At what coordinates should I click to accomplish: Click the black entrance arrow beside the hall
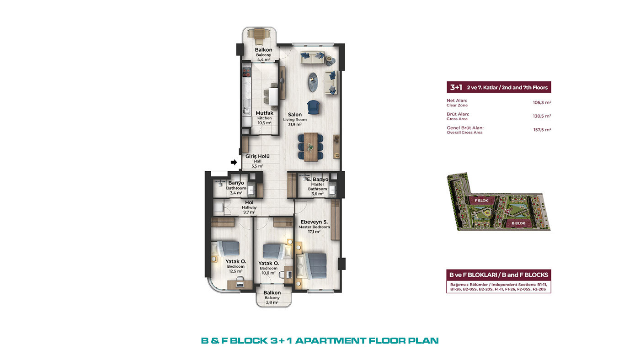(234, 162)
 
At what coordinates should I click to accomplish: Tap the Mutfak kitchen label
(264, 113)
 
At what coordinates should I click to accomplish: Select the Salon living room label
(294, 114)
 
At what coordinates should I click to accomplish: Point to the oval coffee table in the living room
(313, 82)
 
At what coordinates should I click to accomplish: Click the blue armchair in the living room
(314, 107)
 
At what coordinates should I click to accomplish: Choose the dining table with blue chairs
(310, 147)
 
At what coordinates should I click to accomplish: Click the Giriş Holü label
(257, 156)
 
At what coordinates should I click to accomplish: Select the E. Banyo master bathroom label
(317, 179)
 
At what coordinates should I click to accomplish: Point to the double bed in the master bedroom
(311, 266)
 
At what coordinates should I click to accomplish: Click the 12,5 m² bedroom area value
(236, 271)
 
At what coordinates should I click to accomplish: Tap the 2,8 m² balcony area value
(272, 302)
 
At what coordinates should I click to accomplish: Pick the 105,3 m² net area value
(542, 102)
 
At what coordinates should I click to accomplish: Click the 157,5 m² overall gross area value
(542, 130)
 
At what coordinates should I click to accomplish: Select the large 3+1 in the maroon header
(456, 87)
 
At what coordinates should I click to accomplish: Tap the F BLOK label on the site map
(481, 201)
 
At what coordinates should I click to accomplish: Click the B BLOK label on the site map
(518, 223)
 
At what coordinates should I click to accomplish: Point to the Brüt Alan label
(458, 114)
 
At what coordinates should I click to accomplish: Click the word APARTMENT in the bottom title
(330, 341)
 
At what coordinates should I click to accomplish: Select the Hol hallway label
(249, 202)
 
